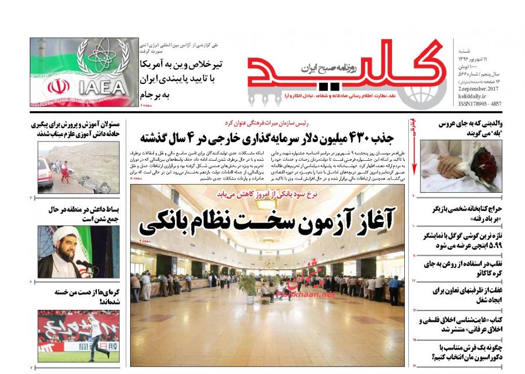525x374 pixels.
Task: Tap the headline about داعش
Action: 79,214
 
